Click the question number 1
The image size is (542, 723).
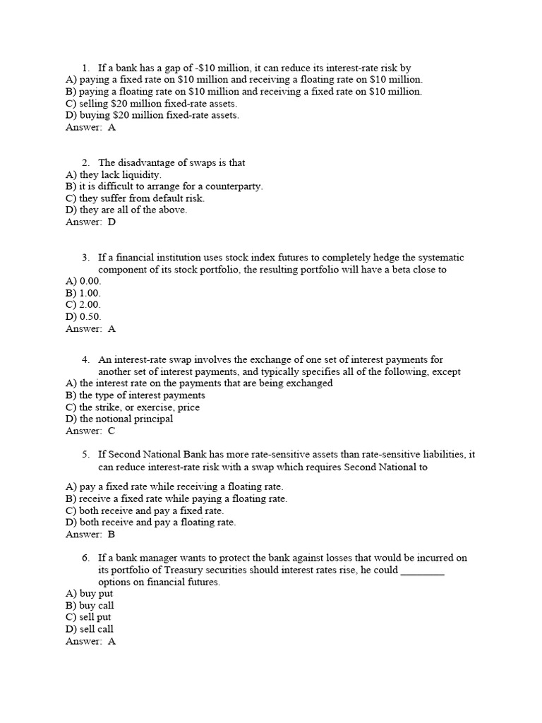(x=85, y=68)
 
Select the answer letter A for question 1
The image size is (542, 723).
(x=112, y=128)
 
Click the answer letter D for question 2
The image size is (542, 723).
(x=112, y=222)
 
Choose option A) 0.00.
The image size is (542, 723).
(x=83, y=281)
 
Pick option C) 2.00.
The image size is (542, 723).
(x=83, y=305)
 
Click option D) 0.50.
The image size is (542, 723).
(x=83, y=317)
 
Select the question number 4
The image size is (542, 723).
(x=85, y=359)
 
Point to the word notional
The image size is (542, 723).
(x=115, y=419)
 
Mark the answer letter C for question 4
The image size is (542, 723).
(x=112, y=431)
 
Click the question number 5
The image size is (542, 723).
(x=85, y=455)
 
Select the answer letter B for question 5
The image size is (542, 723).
(x=112, y=534)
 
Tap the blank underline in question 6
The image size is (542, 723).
(x=422, y=570)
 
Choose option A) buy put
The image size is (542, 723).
(x=89, y=594)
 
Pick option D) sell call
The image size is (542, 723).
(x=89, y=629)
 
